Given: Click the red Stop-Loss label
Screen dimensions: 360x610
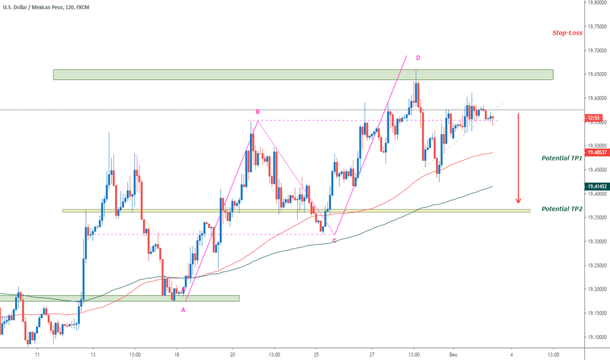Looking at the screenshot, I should [566, 32].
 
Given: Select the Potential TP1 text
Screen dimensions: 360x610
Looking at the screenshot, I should [562, 158].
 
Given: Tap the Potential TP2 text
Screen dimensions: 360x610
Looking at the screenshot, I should [562, 209].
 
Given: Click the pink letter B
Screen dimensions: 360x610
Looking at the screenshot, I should [257, 112].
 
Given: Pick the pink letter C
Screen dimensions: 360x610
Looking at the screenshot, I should [334, 241].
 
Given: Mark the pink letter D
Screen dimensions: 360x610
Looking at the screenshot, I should [418, 58].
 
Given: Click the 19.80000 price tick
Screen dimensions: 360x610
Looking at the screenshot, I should [596, 3].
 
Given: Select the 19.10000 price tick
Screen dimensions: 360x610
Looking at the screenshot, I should [596, 337].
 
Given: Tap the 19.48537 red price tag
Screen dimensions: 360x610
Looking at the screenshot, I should [596, 152].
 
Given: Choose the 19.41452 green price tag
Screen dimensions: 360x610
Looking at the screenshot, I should [596, 186].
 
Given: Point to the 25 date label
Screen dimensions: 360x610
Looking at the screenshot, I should [316, 353].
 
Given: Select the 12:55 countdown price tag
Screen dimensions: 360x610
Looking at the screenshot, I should [595, 118].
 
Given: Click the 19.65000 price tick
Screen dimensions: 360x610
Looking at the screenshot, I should [596, 74].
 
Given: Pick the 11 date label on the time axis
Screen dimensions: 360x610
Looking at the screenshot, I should [38, 353].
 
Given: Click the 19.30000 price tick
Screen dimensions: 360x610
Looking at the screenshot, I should [596, 242].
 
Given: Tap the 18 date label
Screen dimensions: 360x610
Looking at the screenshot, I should [177, 353].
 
